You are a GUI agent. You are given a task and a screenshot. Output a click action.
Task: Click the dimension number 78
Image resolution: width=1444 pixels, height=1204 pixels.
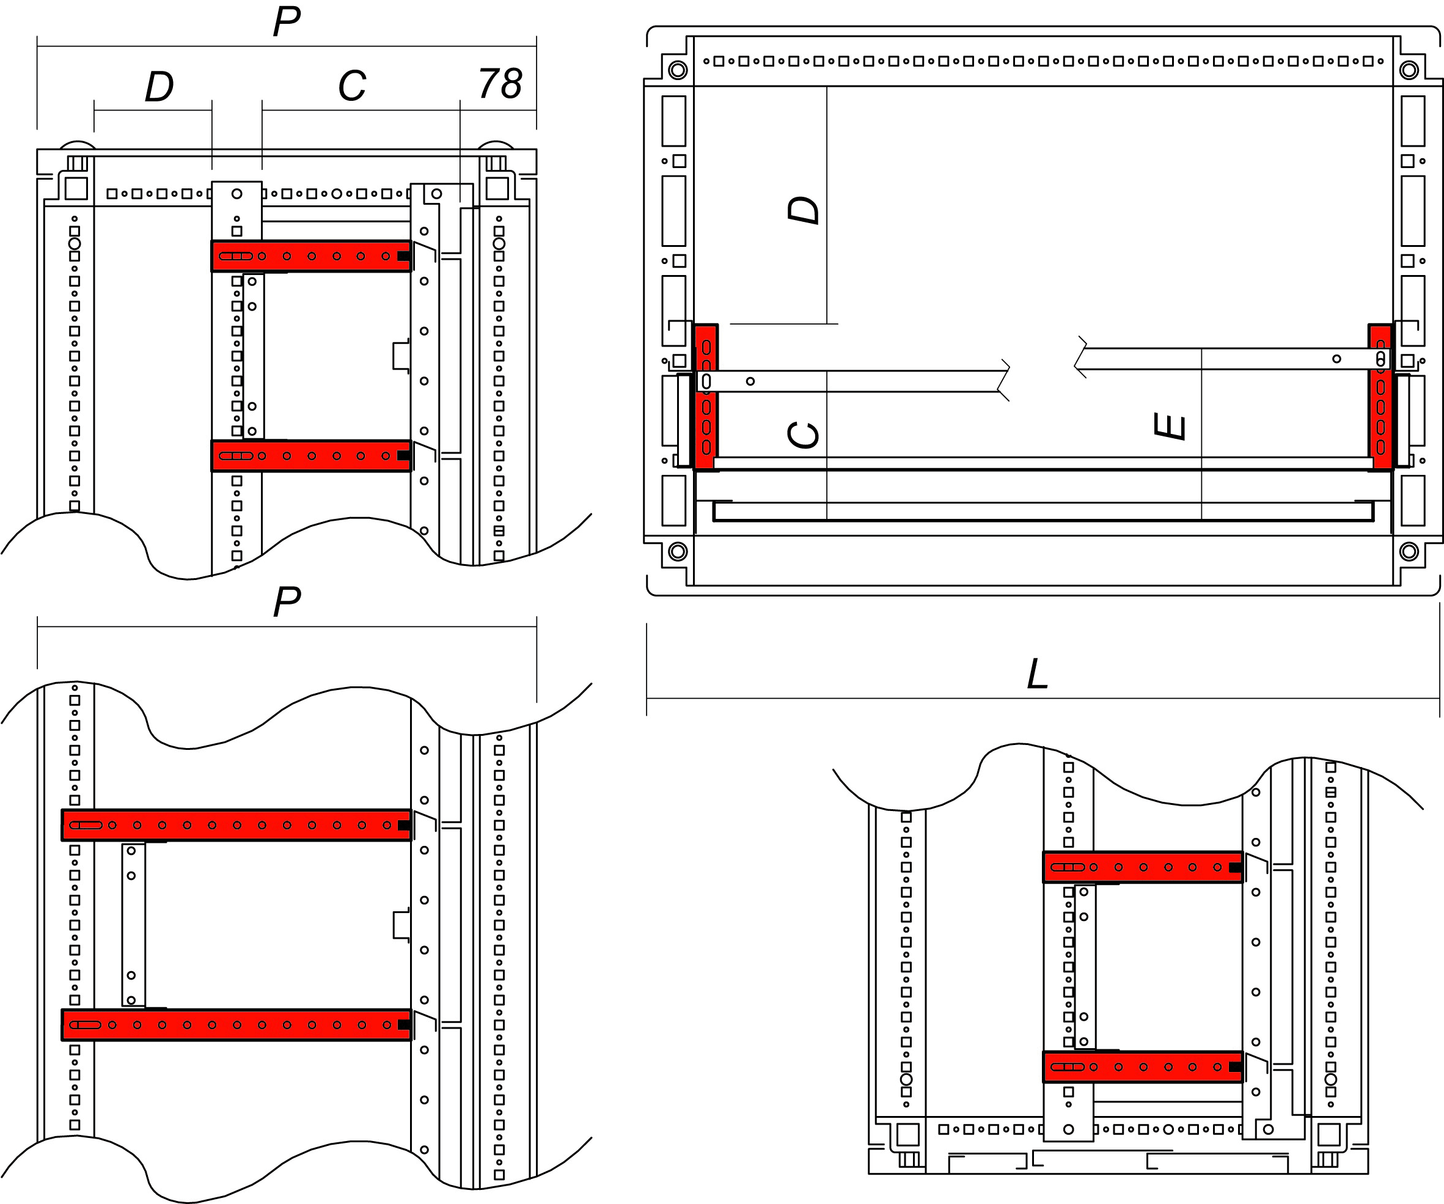pos(500,84)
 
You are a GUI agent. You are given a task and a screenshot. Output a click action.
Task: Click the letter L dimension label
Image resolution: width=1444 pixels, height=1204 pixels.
pos(1037,674)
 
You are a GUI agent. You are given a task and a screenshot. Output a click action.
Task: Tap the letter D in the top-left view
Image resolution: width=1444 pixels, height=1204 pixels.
pos(159,87)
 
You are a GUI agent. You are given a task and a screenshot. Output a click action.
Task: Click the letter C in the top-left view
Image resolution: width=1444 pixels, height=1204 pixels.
pos(351,86)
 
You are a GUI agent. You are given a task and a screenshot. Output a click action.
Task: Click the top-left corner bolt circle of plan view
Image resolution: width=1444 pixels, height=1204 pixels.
pos(677,70)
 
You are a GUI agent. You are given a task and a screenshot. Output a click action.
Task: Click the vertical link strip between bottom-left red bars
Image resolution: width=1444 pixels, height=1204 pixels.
pos(133,925)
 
